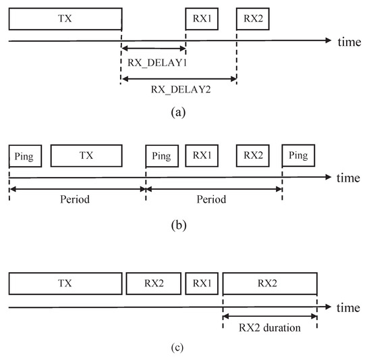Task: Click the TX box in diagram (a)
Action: pyautogui.click(x=65, y=20)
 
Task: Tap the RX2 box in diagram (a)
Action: pyautogui.click(x=253, y=20)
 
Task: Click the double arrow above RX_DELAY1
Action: pyautogui.click(x=153, y=49)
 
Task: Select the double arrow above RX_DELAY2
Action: pyautogui.click(x=179, y=78)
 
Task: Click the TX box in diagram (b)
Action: pyautogui.click(x=86, y=155)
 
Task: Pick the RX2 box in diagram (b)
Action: pyautogui.click(x=253, y=155)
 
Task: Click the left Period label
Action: pyautogui.click(x=76, y=201)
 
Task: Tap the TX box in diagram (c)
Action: pyautogui.click(x=65, y=284)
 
